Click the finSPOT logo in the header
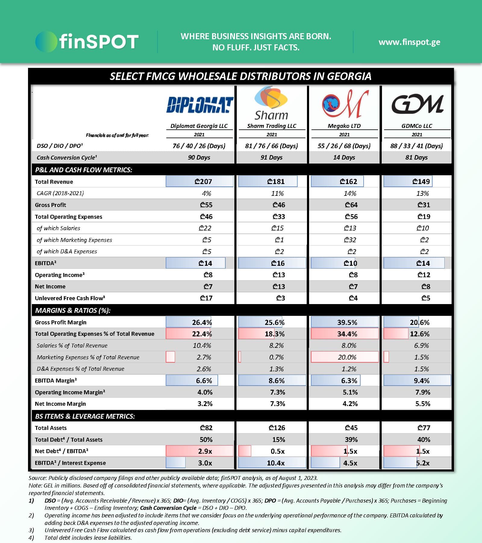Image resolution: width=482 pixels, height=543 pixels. click(87, 42)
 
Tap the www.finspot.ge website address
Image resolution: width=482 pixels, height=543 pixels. click(409, 42)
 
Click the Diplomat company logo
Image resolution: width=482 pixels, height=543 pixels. click(200, 105)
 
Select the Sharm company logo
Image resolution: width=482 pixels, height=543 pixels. click(271, 103)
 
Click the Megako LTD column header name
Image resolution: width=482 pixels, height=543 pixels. click(344, 126)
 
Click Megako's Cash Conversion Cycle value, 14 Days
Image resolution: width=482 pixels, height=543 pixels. click(344, 157)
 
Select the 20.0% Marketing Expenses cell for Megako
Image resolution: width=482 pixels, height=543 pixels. click(347, 357)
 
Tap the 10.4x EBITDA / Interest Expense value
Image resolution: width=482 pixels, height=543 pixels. click(276, 463)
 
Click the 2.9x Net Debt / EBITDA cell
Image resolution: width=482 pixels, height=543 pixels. click(205, 451)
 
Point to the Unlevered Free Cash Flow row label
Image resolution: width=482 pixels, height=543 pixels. click(70, 298)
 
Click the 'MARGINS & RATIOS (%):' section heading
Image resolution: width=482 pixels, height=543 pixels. click(73, 310)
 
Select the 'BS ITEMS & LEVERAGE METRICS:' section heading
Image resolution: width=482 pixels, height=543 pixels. click(85, 416)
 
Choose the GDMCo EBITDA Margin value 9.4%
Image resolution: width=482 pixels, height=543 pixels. click(421, 381)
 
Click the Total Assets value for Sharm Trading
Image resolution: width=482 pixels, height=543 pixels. click(277, 428)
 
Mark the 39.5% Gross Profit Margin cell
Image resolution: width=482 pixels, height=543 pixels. click(347, 322)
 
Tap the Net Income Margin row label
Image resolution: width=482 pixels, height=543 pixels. click(60, 404)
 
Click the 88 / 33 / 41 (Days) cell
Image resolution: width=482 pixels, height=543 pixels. click(416, 146)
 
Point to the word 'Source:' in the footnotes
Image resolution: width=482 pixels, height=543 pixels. click(38, 478)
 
